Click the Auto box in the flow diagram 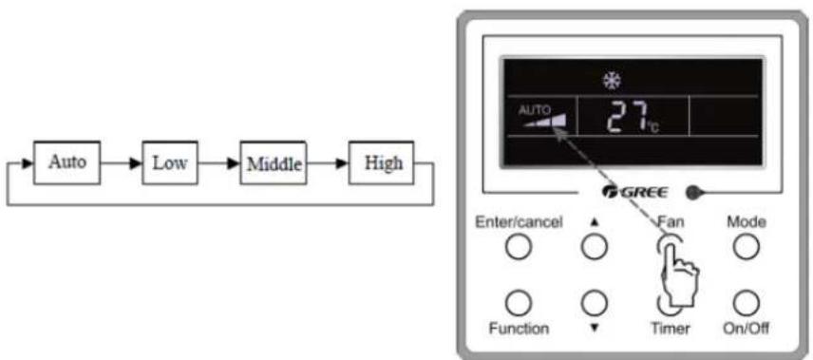[66, 162]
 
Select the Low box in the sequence [170, 162]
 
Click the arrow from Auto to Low [121, 162]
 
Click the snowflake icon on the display [612, 80]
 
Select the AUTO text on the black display [534, 109]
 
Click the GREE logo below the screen [635, 193]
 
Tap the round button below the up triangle [595, 247]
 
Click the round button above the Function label [518, 303]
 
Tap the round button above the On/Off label [747, 303]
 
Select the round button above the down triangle [595, 303]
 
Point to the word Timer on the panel [671, 329]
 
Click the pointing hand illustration [679, 274]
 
